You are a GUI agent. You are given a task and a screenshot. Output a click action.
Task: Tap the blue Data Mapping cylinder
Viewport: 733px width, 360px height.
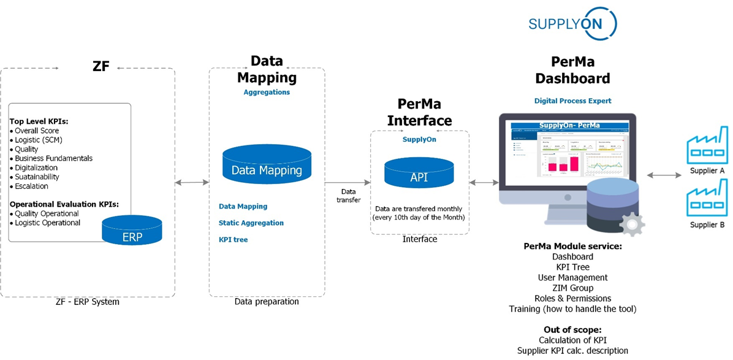[x=267, y=166]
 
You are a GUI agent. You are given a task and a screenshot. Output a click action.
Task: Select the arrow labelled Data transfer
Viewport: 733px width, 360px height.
[x=348, y=182]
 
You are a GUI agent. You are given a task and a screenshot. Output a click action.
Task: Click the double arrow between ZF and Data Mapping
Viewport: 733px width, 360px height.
[x=192, y=182]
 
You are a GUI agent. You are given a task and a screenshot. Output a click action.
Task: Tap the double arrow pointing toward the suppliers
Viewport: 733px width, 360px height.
[x=664, y=175]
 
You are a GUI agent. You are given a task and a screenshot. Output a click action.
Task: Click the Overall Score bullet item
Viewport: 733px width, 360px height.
[x=37, y=131]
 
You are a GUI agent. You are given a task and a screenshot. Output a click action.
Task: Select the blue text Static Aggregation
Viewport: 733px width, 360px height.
[x=251, y=223]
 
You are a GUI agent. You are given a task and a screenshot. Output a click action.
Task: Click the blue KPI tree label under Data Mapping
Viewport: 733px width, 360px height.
[x=233, y=239]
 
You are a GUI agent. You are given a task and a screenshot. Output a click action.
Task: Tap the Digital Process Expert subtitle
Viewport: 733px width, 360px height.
[x=572, y=101]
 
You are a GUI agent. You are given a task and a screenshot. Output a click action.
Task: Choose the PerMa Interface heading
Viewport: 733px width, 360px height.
[x=419, y=112]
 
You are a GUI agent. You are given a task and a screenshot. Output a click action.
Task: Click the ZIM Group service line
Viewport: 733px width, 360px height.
[x=572, y=288]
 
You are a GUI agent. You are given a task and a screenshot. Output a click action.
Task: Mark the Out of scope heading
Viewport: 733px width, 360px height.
[x=572, y=329]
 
